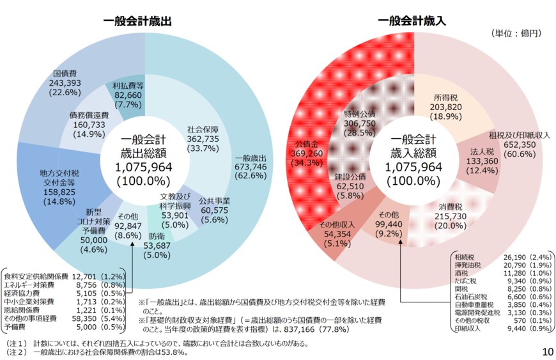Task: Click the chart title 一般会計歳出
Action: pyautogui.click(x=137, y=20)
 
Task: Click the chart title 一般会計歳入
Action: pyautogui.click(x=412, y=20)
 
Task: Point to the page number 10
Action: pyautogui.click(x=547, y=351)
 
